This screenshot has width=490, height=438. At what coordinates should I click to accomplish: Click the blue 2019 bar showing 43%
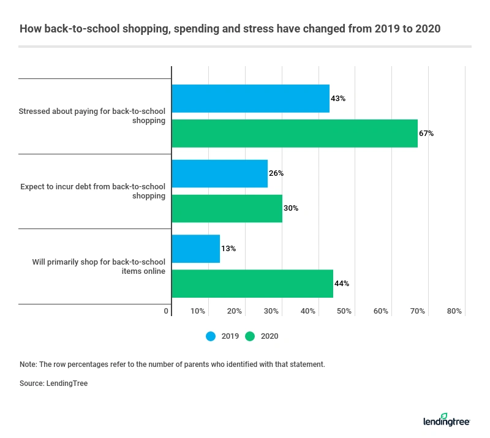click(x=251, y=99)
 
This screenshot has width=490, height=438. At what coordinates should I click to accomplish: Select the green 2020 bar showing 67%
click(x=295, y=134)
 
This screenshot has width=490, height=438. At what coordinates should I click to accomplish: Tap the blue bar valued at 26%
click(x=219, y=173)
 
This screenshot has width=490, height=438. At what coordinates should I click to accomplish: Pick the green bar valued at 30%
click(x=227, y=208)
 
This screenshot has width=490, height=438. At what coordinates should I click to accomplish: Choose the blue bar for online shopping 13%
click(x=195, y=249)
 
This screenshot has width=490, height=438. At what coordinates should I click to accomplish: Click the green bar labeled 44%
click(x=252, y=284)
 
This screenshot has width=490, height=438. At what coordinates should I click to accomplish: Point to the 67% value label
click(x=426, y=134)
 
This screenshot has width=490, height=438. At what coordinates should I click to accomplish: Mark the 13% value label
click(x=228, y=249)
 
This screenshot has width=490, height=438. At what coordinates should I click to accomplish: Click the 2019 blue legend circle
click(x=211, y=336)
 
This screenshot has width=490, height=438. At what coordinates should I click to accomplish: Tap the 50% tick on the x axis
click(x=344, y=311)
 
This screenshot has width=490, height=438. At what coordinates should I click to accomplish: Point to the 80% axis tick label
click(x=454, y=311)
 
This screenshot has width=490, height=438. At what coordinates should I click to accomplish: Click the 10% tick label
click(x=198, y=311)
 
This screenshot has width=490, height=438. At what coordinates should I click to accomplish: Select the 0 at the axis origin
click(x=166, y=311)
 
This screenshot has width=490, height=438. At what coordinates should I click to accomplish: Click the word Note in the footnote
click(x=28, y=364)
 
